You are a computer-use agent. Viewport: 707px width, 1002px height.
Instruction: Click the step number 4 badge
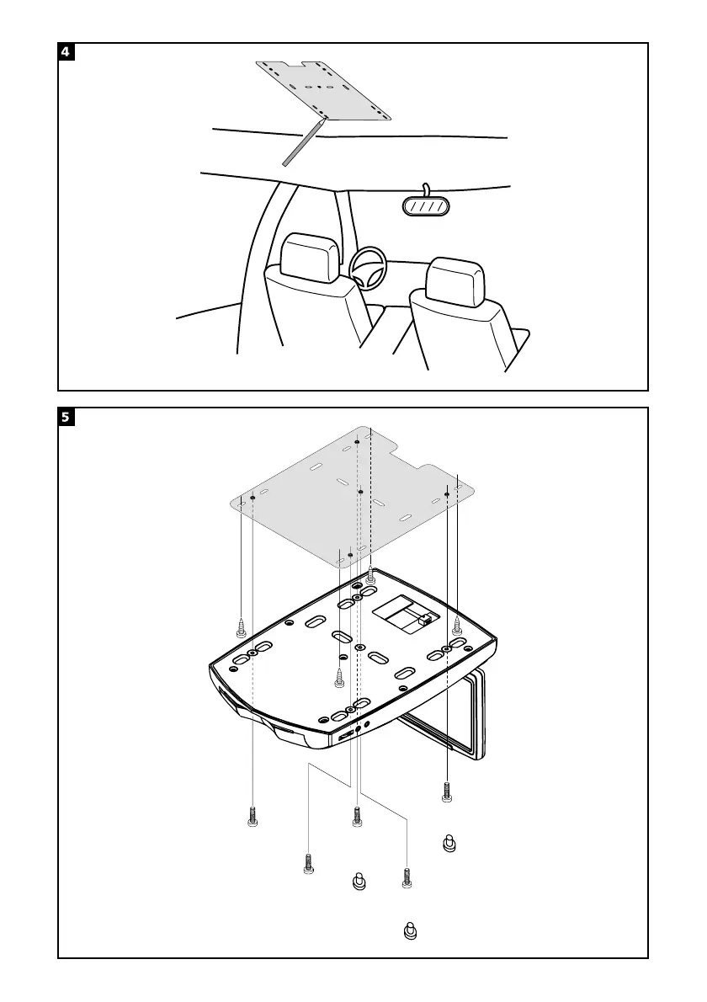pos(66,51)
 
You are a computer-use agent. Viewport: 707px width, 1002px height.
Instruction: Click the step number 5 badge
pos(66,417)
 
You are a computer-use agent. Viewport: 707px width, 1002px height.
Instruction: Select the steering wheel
pos(368,269)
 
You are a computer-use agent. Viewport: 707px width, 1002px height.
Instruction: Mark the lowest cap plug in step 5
pos(411,932)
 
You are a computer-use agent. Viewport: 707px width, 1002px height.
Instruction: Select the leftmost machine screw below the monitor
pos(252,816)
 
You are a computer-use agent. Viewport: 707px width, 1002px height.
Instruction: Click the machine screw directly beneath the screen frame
pos(447,791)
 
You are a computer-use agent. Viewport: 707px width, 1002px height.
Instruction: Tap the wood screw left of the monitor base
pos(241,626)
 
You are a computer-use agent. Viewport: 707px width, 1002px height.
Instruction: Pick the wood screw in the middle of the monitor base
pos(339,677)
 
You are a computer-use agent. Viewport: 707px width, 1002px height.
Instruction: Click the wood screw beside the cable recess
pos(457,625)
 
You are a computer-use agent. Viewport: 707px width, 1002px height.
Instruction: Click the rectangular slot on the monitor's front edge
pos(346,736)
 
